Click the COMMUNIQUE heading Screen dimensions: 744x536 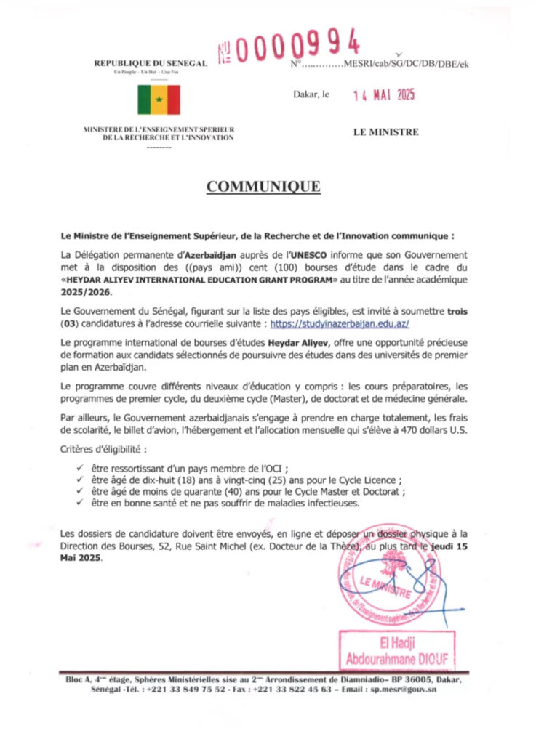(263, 187)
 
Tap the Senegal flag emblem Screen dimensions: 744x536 (159, 100)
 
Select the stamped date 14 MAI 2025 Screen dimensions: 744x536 (383, 94)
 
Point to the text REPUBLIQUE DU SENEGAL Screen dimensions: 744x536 (151, 64)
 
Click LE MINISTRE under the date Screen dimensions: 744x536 (385, 132)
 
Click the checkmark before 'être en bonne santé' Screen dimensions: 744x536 (79, 502)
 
